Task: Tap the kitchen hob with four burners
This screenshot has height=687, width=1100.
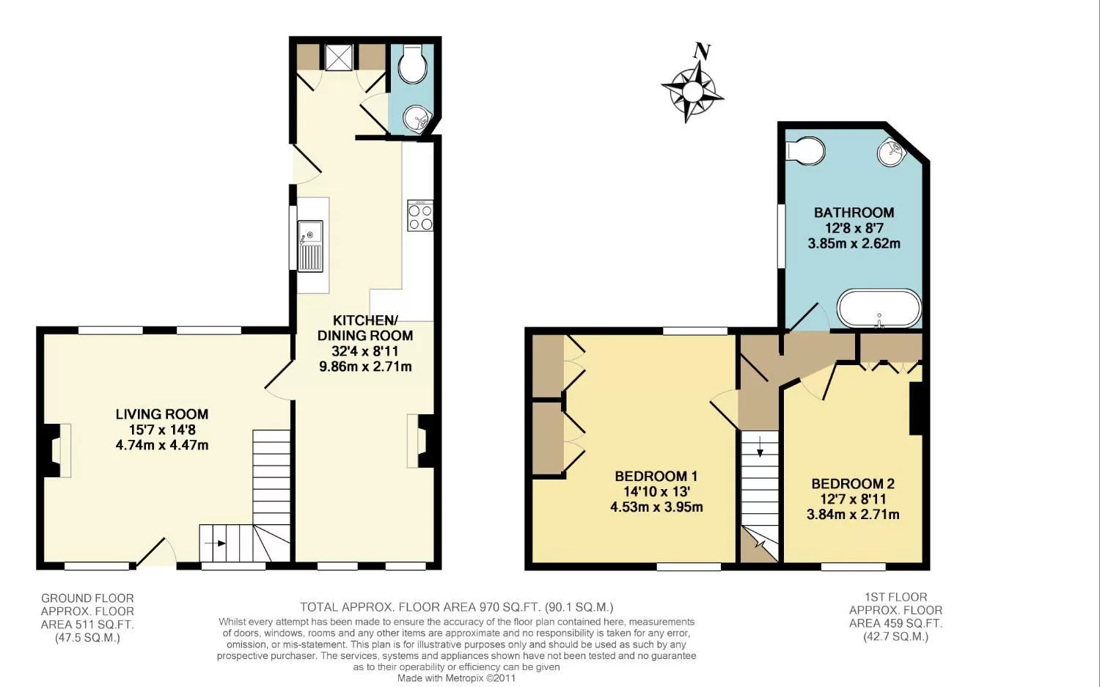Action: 420,216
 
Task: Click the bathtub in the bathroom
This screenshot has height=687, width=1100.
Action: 879,309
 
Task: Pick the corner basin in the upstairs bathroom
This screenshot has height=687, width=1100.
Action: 892,152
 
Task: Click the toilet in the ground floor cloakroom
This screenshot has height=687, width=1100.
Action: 412,65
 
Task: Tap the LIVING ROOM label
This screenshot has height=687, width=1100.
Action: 162,414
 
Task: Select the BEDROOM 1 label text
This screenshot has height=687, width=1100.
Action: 656,477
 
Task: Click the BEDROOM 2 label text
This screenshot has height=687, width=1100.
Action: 852,484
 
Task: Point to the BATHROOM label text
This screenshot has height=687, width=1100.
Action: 854,213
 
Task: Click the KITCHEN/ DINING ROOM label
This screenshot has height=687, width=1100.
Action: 365,328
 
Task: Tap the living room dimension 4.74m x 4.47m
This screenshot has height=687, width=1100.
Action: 162,445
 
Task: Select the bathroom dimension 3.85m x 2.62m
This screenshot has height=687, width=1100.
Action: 854,243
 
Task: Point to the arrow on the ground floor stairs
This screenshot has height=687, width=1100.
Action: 215,543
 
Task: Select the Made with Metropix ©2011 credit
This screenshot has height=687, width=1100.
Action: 456,678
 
